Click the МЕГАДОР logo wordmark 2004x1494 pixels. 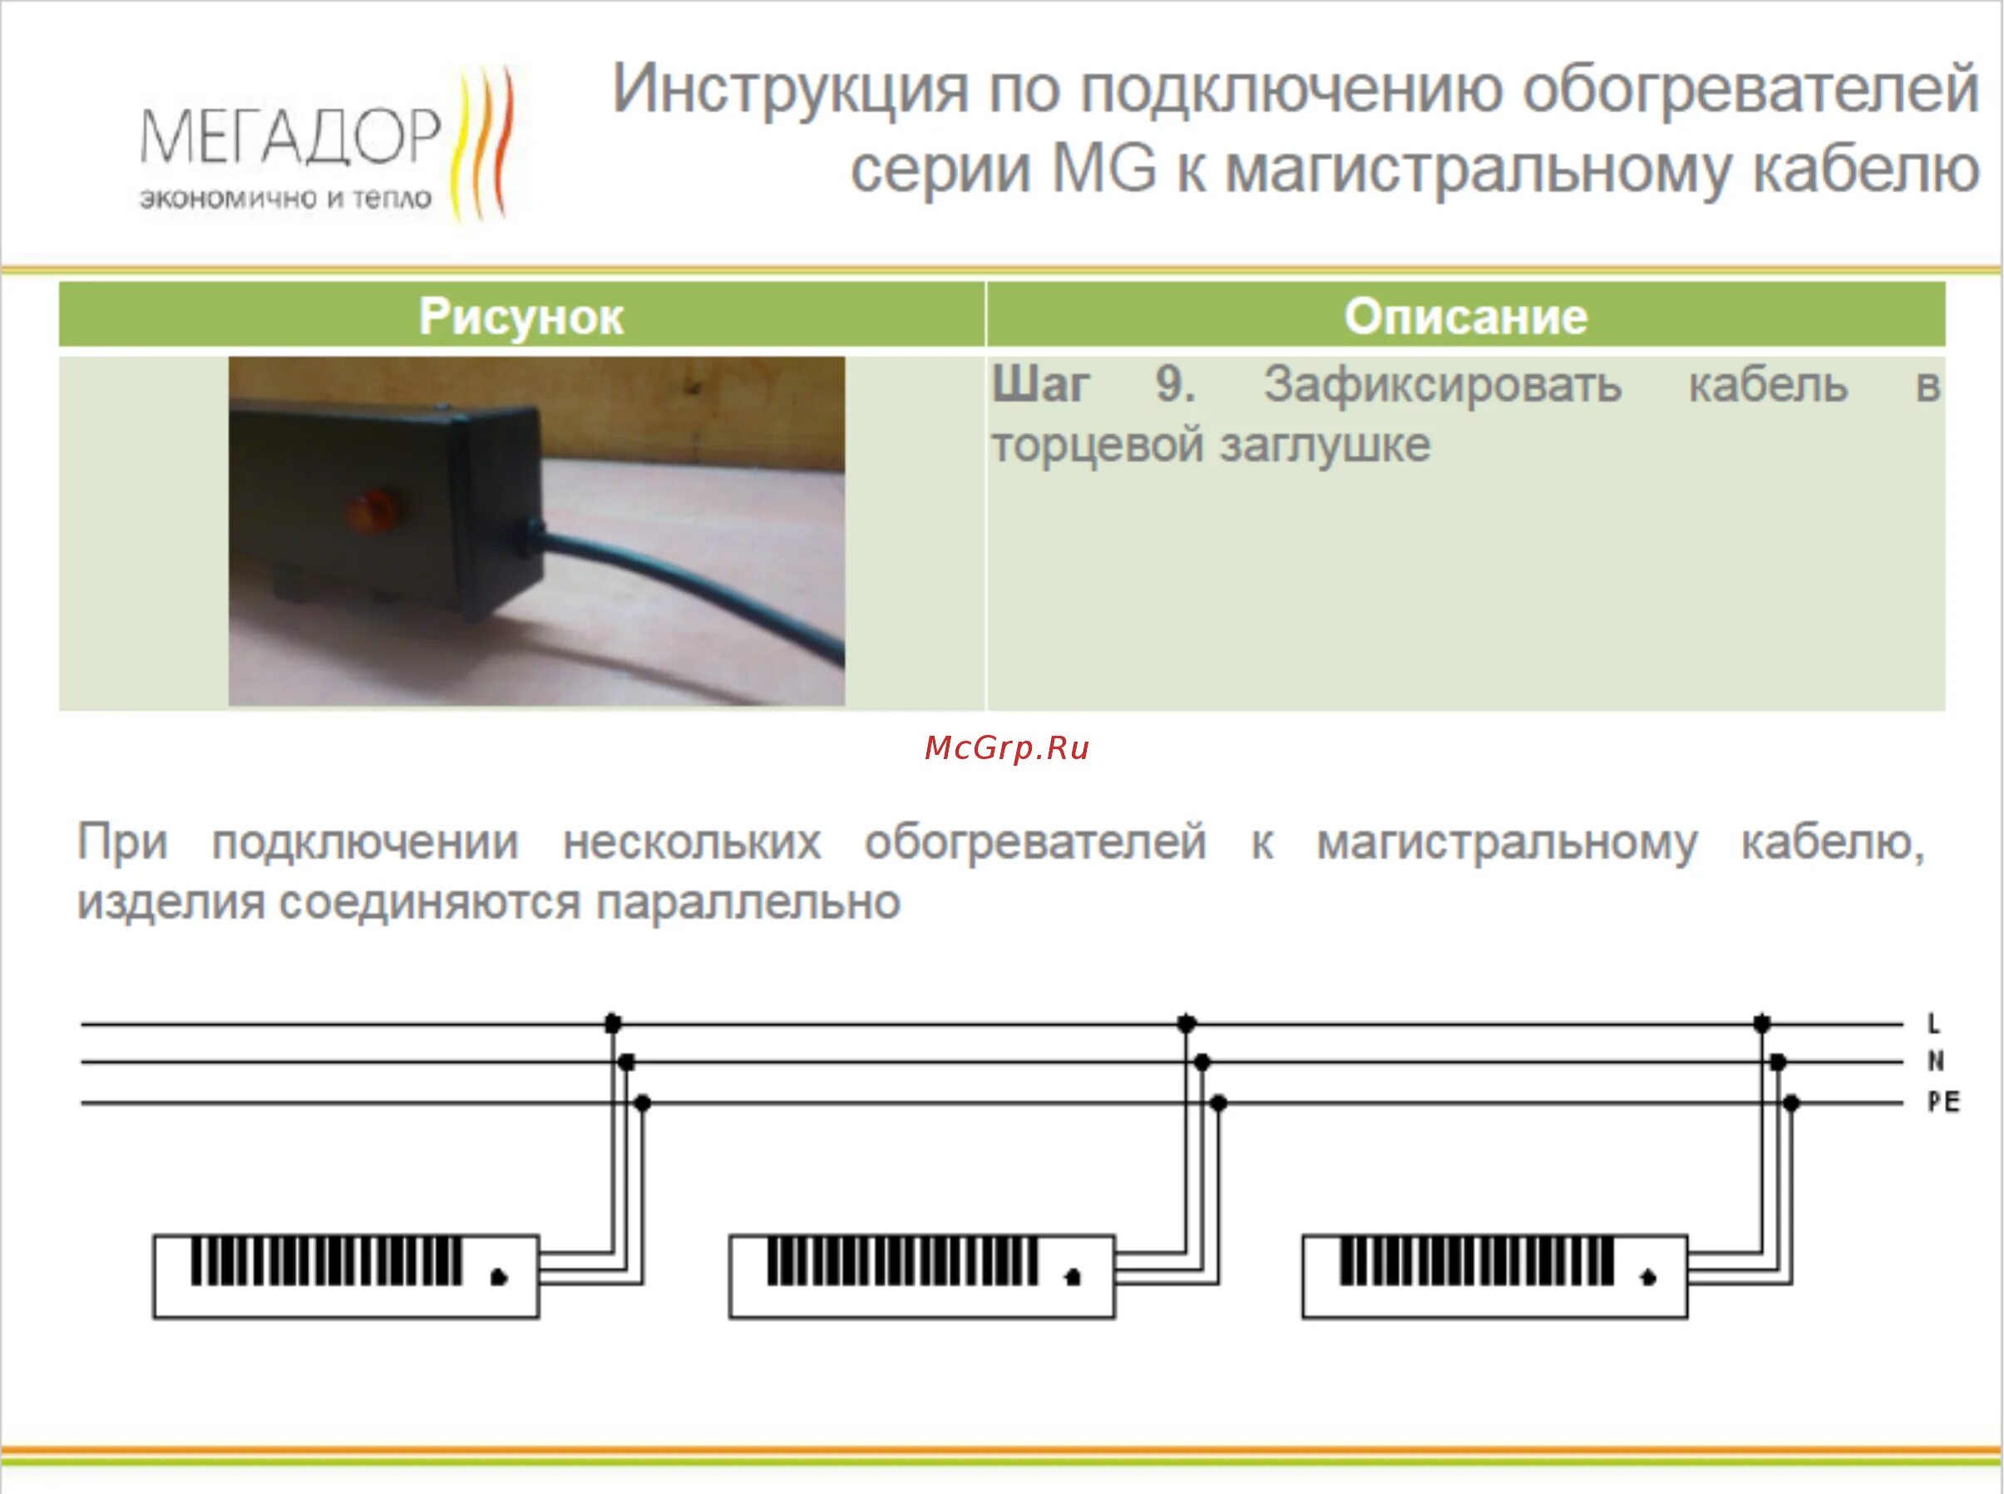[x=289, y=137]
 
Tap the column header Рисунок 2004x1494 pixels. [x=521, y=317]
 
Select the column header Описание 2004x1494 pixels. [x=1465, y=317]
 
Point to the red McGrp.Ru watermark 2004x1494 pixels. [x=1006, y=748]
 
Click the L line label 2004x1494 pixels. [x=1933, y=1023]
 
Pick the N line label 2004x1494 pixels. [x=1935, y=1061]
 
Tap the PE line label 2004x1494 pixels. [x=1942, y=1102]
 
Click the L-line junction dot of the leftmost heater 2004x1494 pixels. [x=612, y=1023]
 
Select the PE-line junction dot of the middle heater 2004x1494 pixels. [x=1218, y=1102]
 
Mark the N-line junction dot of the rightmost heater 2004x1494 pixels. [x=1777, y=1062]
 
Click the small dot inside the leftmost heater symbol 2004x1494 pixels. [x=498, y=1276]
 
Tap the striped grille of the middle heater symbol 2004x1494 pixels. [x=902, y=1260]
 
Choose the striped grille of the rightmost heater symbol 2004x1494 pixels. [x=1476, y=1260]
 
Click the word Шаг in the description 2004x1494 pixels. [x=1040, y=385]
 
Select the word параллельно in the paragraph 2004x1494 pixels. [x=748, y=902]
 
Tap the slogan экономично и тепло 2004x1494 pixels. [x=285, y=199]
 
